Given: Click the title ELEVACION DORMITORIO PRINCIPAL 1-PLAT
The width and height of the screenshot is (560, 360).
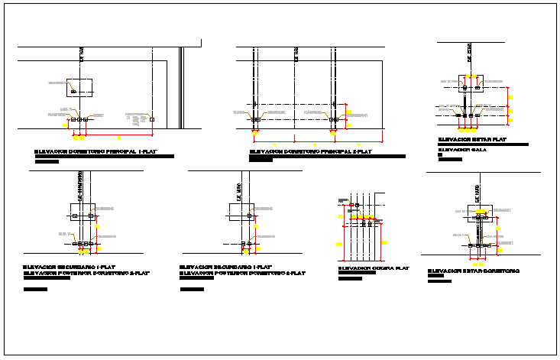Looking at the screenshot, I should pyautogui.click(x=104, y=151).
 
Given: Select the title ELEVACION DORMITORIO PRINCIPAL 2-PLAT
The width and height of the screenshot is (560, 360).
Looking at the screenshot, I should pyautogui.click(x=310, y=151).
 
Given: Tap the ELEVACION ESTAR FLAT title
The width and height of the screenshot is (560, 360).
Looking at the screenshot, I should pyautogui.click(x=472, y=139).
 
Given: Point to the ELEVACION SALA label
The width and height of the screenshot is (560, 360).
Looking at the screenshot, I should pyautogui.click(x=462, y=150).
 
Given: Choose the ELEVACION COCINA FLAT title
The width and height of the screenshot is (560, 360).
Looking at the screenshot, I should pyautogui.click(x=374, y=268).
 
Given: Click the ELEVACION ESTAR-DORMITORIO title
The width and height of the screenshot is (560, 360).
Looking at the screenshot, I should pyautogui.click(x=474, y=271).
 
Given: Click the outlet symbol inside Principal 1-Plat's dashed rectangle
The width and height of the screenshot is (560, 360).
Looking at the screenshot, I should pyautogui.click(x=73, y=92).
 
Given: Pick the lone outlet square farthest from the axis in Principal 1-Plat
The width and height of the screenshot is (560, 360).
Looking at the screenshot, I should pyautogui.click(x=153, y=119).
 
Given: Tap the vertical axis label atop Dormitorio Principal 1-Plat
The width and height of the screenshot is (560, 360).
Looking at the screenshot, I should pyautogui.click(x=82, y=53).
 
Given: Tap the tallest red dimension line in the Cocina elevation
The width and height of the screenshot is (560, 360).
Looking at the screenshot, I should pyautogui.click(x=345, y=230).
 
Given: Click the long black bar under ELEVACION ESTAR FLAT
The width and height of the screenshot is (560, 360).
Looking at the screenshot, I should pyautogui.click(x=483, y=144).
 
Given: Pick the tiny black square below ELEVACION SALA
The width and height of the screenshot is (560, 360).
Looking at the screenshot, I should pyautogui.click(x=440, y=155).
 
